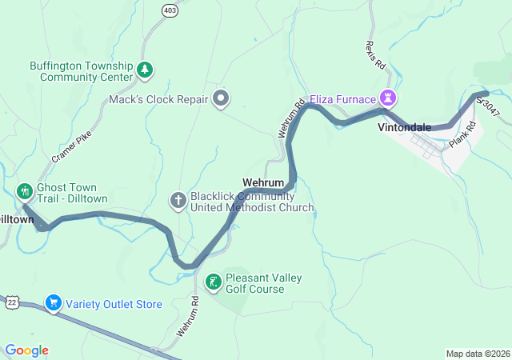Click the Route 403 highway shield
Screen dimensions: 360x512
pos(169,10)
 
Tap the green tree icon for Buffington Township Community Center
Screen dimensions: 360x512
pos(144,70)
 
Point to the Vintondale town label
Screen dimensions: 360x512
pos(404,127)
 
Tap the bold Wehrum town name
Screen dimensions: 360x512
pos(263,182)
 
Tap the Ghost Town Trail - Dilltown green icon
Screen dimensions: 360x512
pos(24,191)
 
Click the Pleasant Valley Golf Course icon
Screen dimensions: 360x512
pos(214,282)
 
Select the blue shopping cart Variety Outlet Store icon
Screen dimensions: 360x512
pos(54,303)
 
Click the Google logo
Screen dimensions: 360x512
pos(26,350)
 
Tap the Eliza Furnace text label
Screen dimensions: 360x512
pos(349,99)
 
